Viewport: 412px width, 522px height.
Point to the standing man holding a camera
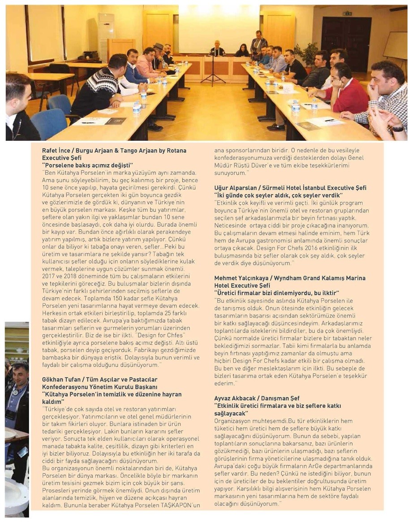(x=258, y=43)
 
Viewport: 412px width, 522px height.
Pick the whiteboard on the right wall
(x=395, y=45)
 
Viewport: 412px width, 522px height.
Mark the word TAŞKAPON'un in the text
(x=178, y=506)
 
